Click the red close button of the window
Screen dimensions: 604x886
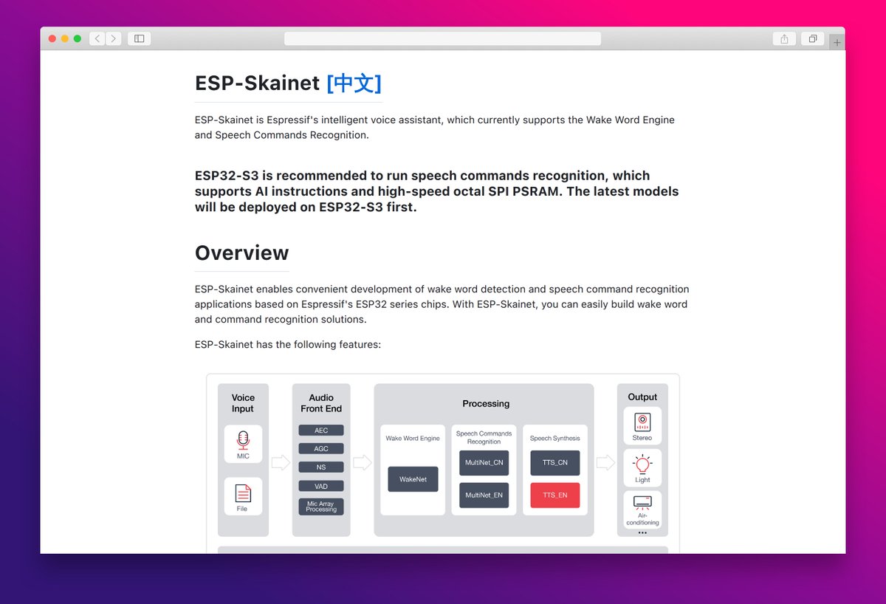tap(52, 38)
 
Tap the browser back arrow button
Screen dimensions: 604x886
tap(97, 38)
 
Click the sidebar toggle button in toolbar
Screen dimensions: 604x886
tap(139, 38)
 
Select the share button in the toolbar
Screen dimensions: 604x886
tap(784, 38)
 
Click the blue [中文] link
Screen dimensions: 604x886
tap(354, 83)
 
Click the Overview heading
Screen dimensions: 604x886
tap(241, 253)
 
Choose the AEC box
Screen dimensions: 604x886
tap(321, 430)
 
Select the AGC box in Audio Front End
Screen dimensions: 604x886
tap(321, 448)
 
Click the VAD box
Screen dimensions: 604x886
tap(321, 486)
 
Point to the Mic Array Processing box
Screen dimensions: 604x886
tap(321, 507)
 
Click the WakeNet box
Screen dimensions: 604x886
tap(413, 479)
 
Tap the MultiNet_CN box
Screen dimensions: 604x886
tap(484, 462)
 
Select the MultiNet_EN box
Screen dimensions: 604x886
tap(484, 495)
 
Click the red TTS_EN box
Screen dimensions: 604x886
tap(555, 495)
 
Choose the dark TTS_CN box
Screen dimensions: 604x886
tap(555, 462)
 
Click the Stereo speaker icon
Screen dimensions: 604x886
tap(642, 422)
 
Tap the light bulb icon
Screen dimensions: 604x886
tap(642, 464)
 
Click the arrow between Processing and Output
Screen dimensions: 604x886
tap(605, 463)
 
